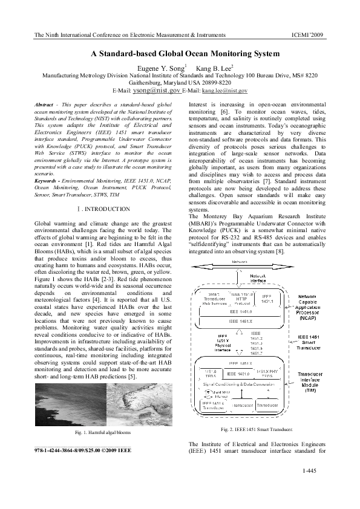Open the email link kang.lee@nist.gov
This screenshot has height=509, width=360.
224,90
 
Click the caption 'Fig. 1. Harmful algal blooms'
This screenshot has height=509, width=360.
102,433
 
